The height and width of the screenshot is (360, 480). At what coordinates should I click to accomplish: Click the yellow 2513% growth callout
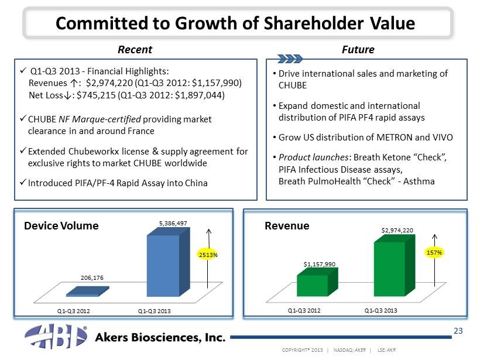[209, 255]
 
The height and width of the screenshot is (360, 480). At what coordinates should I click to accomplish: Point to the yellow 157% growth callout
[434, 252]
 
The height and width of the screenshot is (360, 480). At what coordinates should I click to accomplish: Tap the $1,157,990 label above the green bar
[319, 264]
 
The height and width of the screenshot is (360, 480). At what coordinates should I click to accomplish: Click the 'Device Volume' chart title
[61, 225]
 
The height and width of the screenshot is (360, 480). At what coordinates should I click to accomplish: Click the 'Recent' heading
[135, 50]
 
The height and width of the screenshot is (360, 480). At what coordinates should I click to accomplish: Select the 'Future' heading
[358, 50]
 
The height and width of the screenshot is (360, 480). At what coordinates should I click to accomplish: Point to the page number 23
[459, 331]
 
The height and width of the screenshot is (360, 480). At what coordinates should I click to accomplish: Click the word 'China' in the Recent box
[194, 183]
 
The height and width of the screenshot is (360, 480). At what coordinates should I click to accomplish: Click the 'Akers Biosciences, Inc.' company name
[160, 338]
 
